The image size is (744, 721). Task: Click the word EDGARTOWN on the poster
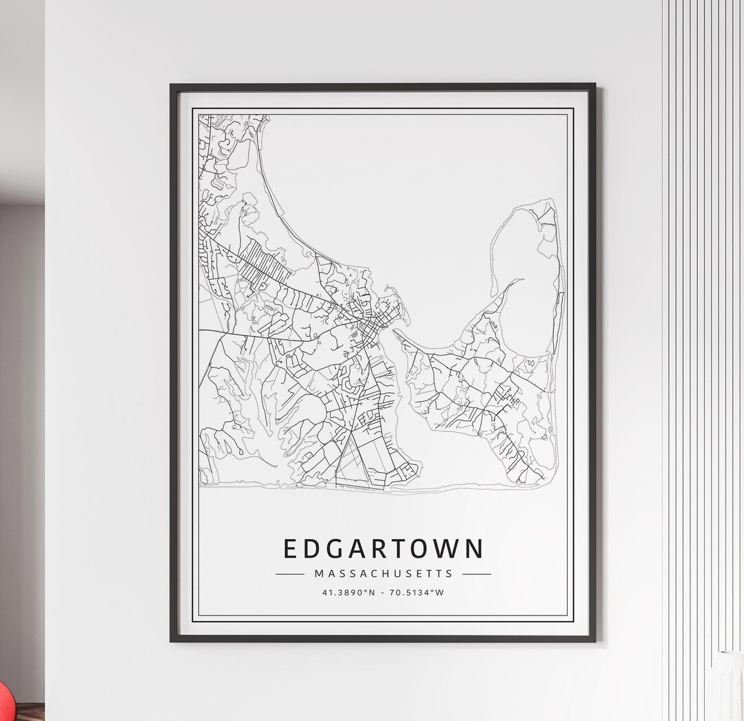383,549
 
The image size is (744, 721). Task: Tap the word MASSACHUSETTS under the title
383,573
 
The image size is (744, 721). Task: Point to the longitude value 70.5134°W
417,592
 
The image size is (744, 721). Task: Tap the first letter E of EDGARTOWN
291,549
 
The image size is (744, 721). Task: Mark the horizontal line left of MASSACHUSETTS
289,573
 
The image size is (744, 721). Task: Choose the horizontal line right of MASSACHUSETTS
477,573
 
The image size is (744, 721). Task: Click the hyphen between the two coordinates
383,592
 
